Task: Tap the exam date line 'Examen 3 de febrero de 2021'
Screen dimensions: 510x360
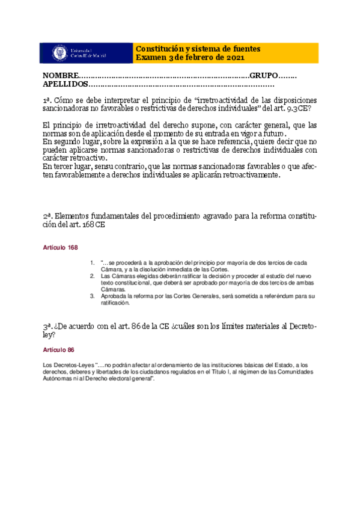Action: [x=189, y=57]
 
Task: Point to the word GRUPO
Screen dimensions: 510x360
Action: [x=264, y=76]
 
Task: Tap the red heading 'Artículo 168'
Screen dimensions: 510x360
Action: [x=59, y=248]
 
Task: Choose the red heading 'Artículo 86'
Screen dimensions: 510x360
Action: [x=58, y=349]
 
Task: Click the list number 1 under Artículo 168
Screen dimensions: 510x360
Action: [x=92, y=262]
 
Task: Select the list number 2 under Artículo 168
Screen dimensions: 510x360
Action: [x=92, y=276]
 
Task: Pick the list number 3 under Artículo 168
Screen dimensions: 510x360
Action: [x=92, y=296]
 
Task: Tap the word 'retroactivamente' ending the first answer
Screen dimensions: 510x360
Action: [x=249, y=175]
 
